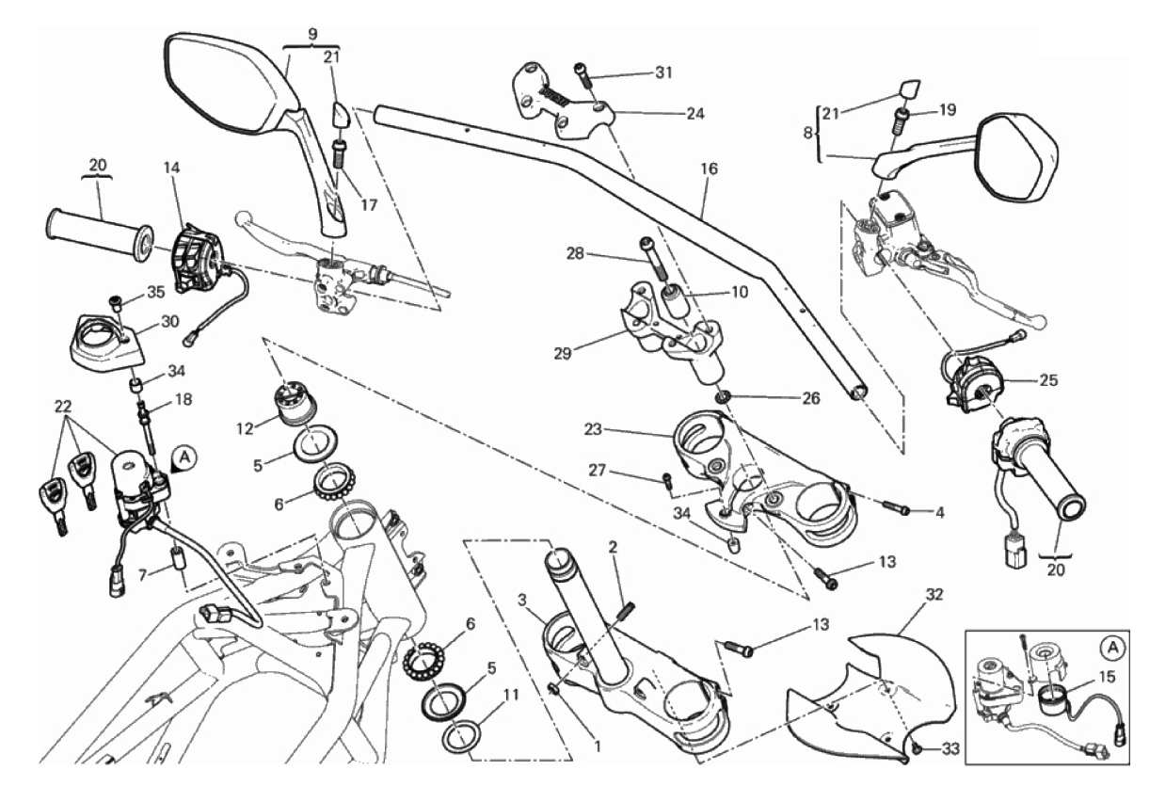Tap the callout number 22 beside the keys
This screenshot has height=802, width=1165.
tap(62, 406)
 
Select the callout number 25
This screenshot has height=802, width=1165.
tap(1047, 381)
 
